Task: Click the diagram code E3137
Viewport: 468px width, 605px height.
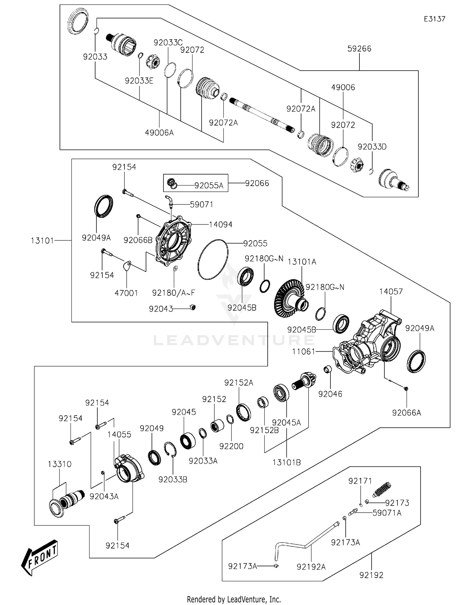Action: (x=434, y=19)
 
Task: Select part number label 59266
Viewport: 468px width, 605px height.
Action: (x=359, y=49)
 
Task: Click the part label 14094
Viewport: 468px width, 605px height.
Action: (x=221, y=224)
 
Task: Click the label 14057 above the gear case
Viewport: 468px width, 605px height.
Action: (x=391, y=292)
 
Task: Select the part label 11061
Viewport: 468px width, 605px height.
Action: (x=304, y=352)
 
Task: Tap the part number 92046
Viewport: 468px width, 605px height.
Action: (x=330, y=394)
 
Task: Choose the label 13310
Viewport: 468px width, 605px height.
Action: (x=60, y=464)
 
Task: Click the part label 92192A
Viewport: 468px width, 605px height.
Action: (x=311, y=567)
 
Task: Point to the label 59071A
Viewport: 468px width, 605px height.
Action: (x=387, y=513)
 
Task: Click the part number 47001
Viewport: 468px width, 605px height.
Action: (x=126, y=293)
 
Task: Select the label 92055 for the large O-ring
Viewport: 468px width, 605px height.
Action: (x=255, y=243)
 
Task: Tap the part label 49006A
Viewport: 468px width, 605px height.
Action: (x=159, y=133)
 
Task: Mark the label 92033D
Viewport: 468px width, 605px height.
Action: (x=372, y=147)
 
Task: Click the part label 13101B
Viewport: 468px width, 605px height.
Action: (x=286, y=462)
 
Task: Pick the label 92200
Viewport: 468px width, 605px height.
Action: (x=231, y=446)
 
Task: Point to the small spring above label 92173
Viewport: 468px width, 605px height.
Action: (x=382, y=490)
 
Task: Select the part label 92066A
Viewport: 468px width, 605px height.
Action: (x=407, y=413)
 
